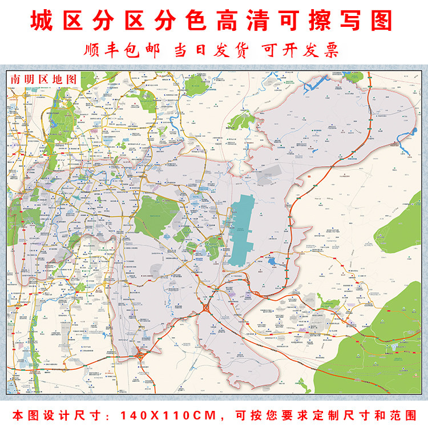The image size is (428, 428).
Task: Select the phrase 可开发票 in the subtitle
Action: (301, 50)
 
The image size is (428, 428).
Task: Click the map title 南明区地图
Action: (43, 79)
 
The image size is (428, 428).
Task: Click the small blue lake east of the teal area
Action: (272, 262)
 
